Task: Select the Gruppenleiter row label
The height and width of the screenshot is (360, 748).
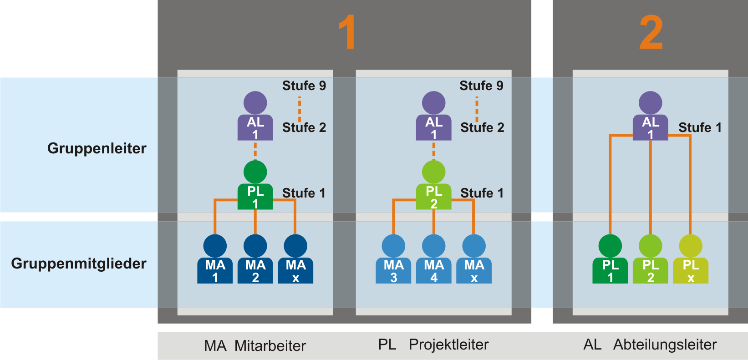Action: pyautogui.click(x=97, y=148)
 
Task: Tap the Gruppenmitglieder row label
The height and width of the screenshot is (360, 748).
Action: pyautogui.click(x=79, y=264)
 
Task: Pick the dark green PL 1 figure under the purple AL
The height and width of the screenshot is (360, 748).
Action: pyautogui.click(x=255, y=187)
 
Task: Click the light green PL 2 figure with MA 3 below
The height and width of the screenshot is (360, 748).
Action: pyautogui.click(x=434, y=187)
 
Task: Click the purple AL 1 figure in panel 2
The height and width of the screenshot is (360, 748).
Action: pyautogui.click(x=651, y=117)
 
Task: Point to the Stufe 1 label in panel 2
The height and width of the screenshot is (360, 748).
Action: pyautogui.click(x=700, y=127)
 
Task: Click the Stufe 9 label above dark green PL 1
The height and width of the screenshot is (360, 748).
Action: pyautogui.click(x=304, y=86)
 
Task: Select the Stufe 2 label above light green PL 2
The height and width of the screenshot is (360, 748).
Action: pyautogui.click(x=482, y=127)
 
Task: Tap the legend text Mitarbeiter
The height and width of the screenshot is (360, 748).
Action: pyautogui.click(x=270, y=346)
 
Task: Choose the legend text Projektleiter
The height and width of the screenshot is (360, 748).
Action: pyautogui.click(x=448, y=345)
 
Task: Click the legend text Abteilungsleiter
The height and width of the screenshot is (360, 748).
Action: pyautogui.click(x=665, y=345)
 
